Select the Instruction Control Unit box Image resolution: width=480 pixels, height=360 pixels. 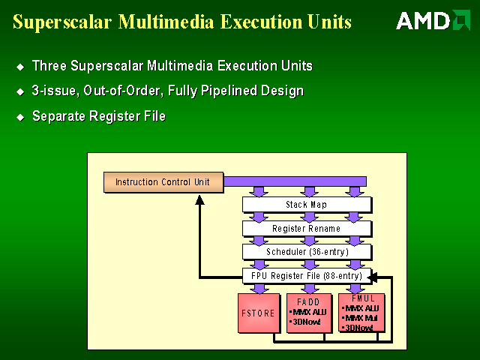[x=163, y=182]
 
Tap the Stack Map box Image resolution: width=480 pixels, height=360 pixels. [x=307, y=205]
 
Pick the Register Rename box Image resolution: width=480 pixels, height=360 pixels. [x=307, y=229]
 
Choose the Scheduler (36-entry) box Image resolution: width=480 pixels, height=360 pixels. [x=307, y=252]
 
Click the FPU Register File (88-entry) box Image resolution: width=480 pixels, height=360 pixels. [x=307, y=276]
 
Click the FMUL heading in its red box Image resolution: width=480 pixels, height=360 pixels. [x=361, y=298]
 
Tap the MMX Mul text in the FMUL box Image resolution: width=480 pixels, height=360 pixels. [x=361, y=318]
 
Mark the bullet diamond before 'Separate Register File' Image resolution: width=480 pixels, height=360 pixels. [x=20, y=117]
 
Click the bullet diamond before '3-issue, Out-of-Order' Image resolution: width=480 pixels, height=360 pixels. [x=20, y=92]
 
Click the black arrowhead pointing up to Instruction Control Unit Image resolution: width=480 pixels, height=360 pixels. [x=199, y=200]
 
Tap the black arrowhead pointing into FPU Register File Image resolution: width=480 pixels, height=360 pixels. [x=373, y=277]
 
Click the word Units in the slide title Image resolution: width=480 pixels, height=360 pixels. [x=327, y=22]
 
